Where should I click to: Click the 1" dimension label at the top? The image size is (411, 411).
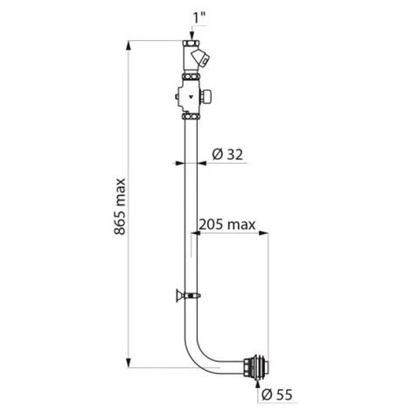[199, 18]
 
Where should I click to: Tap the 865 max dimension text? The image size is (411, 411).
[120, 206]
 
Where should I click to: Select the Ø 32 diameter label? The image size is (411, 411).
[227, 154]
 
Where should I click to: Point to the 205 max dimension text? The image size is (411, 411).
[227, 225]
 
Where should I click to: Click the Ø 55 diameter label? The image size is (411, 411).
[276, 394]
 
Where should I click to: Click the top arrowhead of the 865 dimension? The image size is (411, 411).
[129, 46]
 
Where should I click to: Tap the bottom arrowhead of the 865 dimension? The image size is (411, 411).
[129, 362]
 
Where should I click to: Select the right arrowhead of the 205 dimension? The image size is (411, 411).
[263, 233]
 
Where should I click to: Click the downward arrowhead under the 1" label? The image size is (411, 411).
[192, 37]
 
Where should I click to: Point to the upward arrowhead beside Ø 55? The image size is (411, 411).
[257, 384]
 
